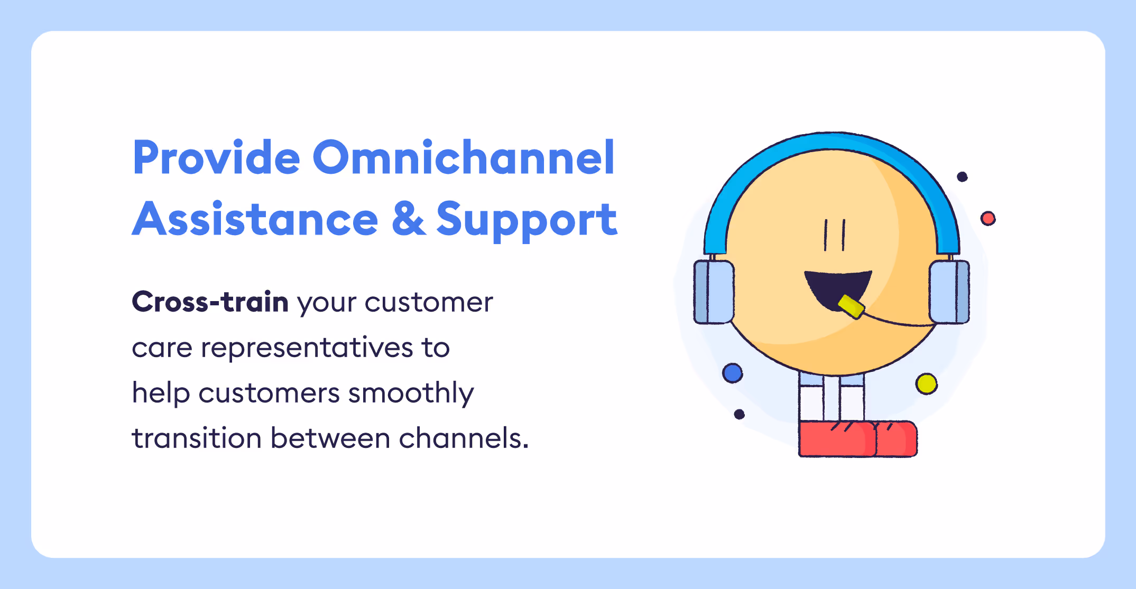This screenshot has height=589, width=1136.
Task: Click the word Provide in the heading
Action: [x=216, y=158]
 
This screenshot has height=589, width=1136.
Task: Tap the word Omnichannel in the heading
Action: [x=464, y=158]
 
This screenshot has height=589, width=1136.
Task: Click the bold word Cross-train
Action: [x=210, y=302]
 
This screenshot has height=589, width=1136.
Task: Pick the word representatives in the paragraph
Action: [x=307, y=348]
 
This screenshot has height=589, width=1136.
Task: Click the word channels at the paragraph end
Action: [x=460, y=438]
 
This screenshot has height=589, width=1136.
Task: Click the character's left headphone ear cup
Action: [x=714, y=292]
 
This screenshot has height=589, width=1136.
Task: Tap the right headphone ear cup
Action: [x=949, y=292]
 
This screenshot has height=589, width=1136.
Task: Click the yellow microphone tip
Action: [x=851, y=307]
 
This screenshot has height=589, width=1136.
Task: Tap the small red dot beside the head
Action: [x=987, y=218]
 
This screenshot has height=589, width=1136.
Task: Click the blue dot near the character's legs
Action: [x=732, y=373]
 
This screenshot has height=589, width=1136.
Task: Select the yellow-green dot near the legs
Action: [x=926, y=384]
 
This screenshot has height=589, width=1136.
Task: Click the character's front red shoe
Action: [x=836, y=439]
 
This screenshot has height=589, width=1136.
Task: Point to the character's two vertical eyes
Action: [x=834, y=235]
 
